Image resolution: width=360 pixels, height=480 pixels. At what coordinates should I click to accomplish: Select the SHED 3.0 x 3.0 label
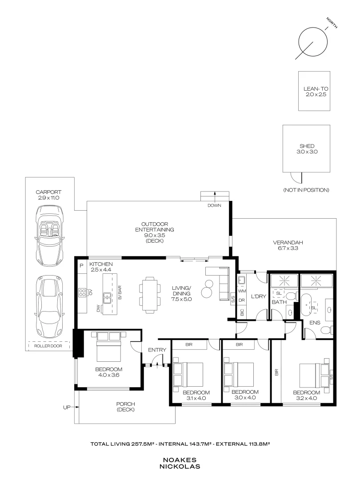(307, 148)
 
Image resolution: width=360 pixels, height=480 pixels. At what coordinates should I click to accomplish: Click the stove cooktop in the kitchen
(83, 292)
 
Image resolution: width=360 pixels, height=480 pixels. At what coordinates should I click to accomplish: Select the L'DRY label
(258, 297)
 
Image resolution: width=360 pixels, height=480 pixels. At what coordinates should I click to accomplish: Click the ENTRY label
(157, 350)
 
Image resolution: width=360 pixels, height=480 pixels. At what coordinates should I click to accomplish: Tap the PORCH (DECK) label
(126, 407)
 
